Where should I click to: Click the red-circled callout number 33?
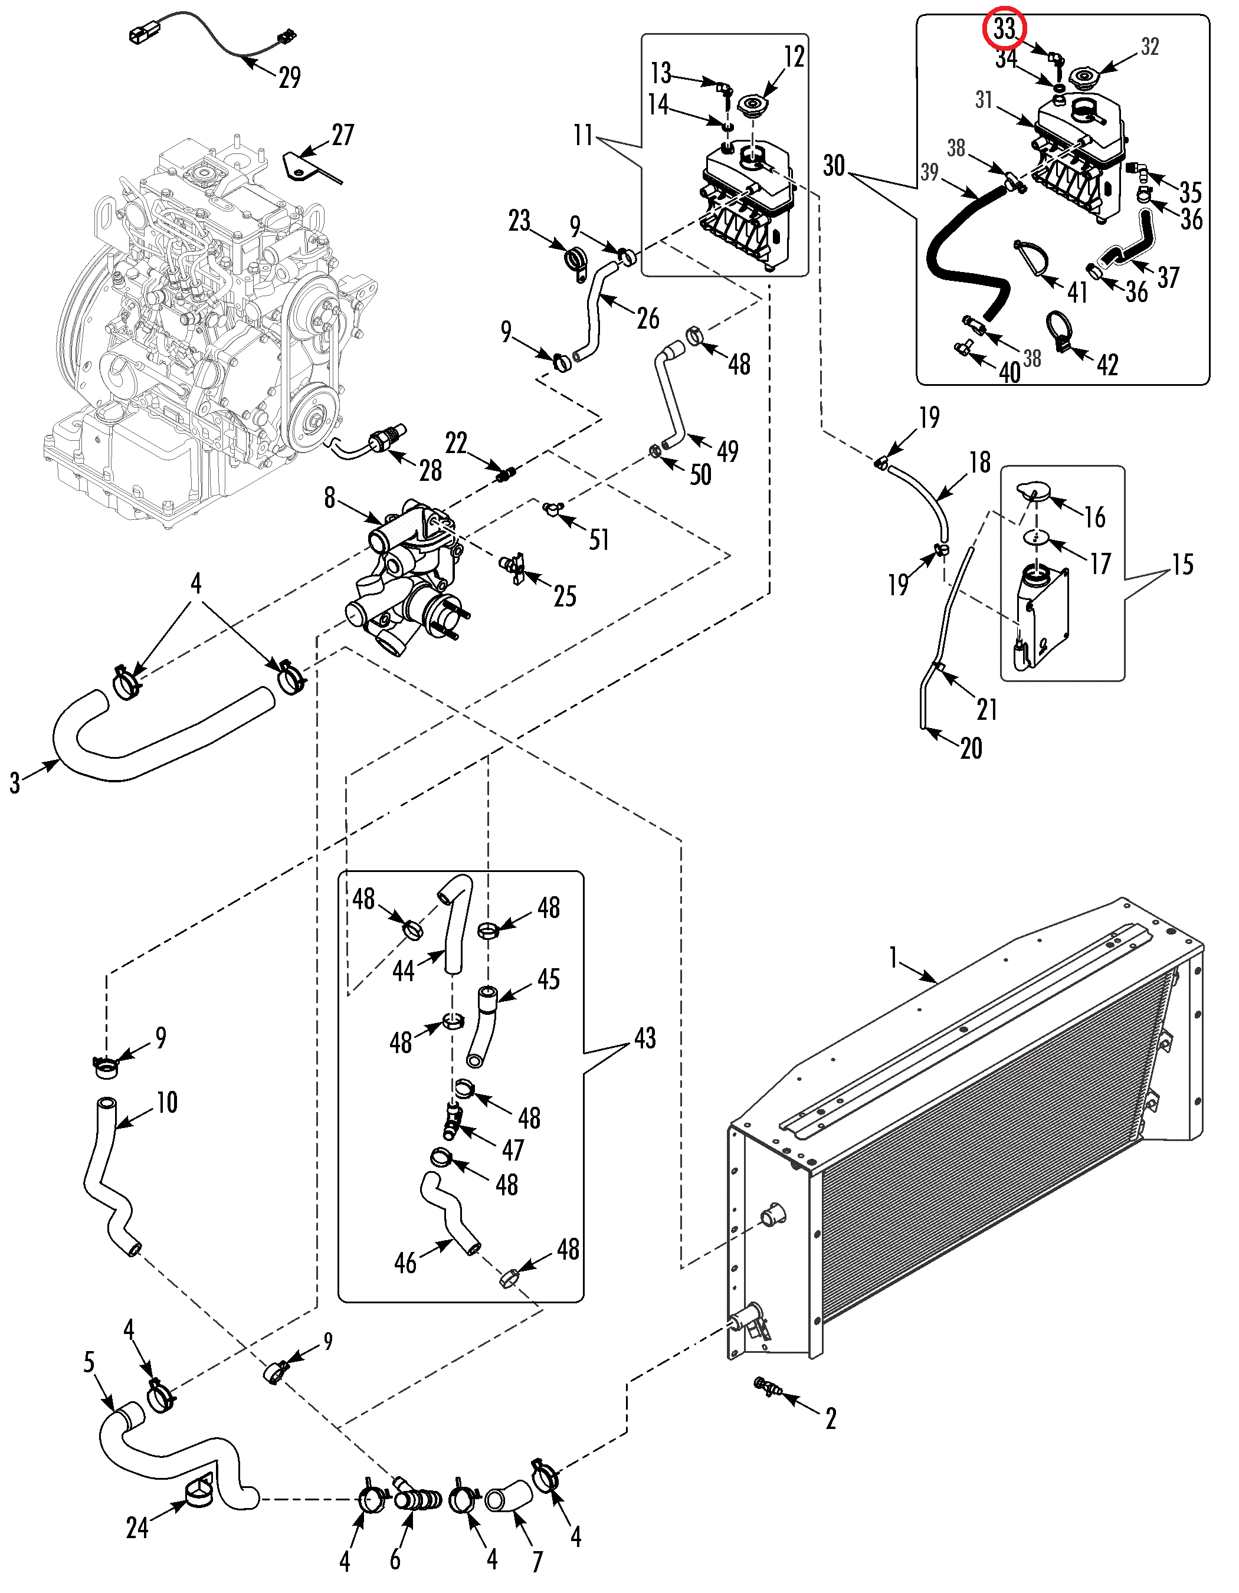coord(1004,29)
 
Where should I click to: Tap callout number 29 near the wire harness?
coord(290,77)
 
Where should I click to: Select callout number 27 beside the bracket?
coord(343,135)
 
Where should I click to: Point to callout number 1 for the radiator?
coord(893,957)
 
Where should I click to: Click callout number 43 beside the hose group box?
coord(645,1038)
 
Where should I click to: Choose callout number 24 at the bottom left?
coord(137,1528)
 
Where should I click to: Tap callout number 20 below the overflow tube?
coord(971,748)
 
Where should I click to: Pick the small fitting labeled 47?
coord(451,1122)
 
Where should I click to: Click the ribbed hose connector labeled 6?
coord(418,1500)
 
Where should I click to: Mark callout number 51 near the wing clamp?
coord(599,540)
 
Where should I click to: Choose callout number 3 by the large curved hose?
coord(15,783)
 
